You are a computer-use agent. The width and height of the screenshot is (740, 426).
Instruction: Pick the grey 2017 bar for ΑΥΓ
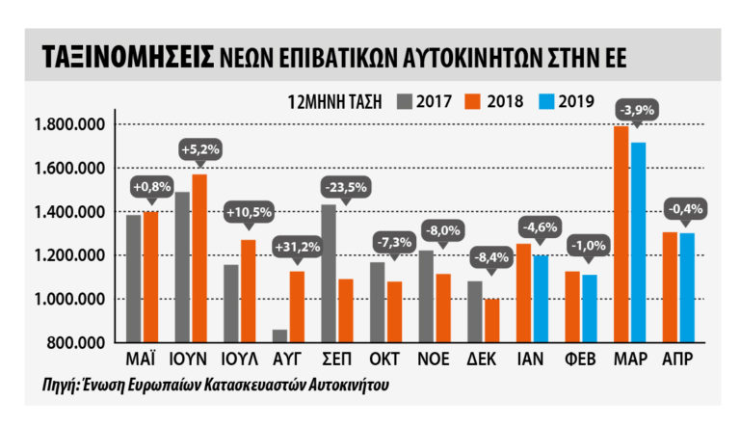(280, 335)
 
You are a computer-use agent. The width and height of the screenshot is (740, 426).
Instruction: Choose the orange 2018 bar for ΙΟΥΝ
(200, 257)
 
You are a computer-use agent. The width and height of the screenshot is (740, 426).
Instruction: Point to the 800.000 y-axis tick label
(76, 342)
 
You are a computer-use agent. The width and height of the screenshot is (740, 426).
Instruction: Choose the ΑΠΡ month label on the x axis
(678, 359)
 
